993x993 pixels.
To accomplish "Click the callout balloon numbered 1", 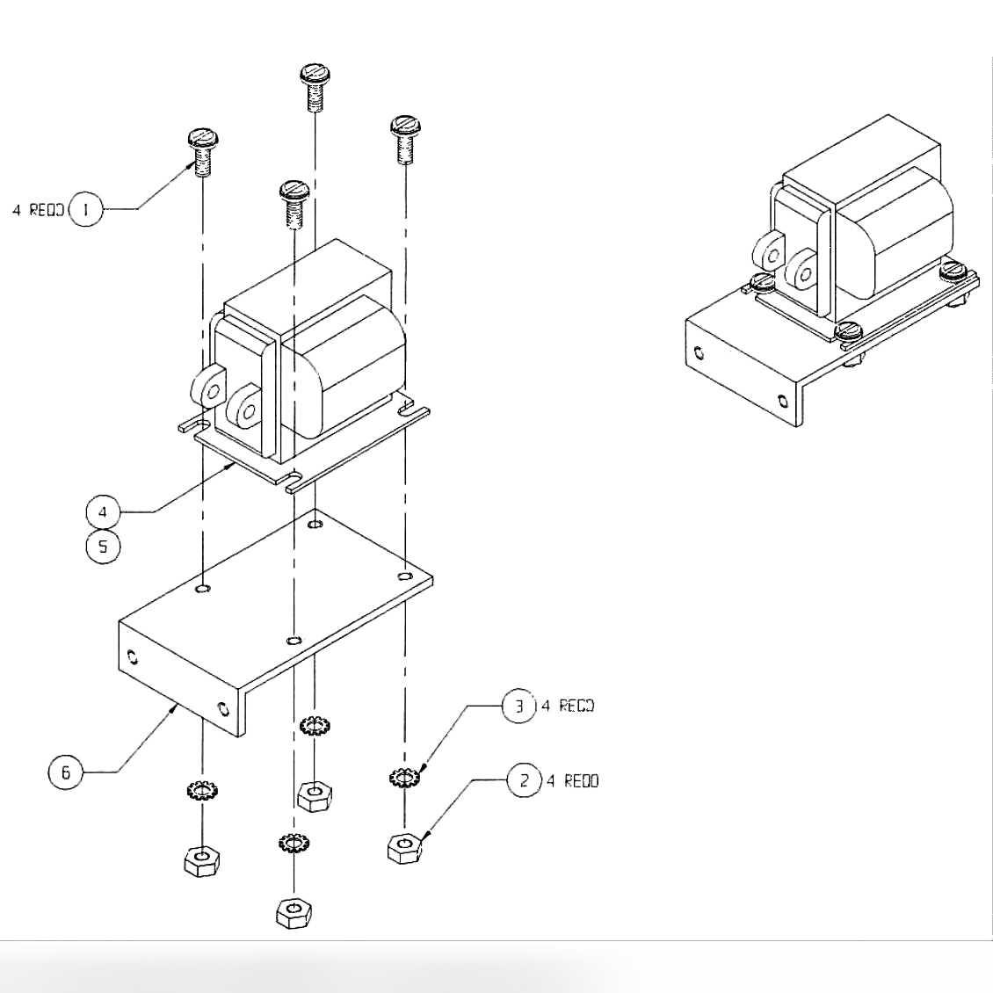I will point(85,209).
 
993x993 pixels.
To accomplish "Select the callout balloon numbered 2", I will point(525,780).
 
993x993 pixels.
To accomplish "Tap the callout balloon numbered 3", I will point(518,707).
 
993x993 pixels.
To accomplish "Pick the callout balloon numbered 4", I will point(103,511).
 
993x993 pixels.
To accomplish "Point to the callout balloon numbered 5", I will point(103,547).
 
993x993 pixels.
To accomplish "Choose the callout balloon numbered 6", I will point(65,773).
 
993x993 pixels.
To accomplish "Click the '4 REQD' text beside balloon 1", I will point(38,211).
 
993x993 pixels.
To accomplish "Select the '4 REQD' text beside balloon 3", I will point(568,707).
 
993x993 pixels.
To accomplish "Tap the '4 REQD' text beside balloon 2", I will point(573,781).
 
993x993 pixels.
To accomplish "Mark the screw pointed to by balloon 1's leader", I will point(203,151).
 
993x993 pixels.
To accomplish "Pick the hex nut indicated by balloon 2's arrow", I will point(403,849).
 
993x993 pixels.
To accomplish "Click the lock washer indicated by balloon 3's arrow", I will point(403,778).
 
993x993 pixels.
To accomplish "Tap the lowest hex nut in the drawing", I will point(294,912).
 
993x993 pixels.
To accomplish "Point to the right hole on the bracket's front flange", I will point(222,707).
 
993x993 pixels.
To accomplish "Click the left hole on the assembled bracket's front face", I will point(699,352).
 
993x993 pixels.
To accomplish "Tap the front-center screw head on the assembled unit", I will point(847,331).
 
